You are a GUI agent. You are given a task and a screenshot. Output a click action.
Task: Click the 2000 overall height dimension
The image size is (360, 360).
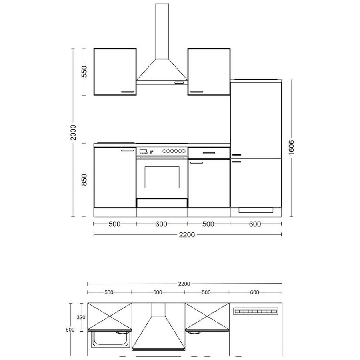pos(73,132)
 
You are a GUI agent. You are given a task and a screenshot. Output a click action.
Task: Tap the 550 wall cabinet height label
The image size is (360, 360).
pos(84,72)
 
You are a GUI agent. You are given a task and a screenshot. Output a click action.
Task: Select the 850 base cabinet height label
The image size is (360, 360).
pos(84,180)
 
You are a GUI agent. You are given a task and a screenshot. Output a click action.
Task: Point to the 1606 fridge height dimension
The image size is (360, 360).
pos(291,147)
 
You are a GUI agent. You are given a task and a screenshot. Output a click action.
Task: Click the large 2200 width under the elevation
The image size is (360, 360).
pos(187,235)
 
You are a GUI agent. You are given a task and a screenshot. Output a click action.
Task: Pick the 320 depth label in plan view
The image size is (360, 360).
pos(81,317)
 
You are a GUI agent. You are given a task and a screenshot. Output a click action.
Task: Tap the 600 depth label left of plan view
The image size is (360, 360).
pos(70,330)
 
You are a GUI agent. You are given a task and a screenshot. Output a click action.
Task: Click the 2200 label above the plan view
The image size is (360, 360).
pos(184,284)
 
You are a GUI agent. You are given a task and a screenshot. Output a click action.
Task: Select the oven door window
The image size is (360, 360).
pos(162,177)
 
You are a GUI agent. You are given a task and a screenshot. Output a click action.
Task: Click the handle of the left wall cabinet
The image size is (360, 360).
pos(128,92)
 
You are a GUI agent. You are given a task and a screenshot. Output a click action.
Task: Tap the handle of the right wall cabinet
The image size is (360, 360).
pos(196,92)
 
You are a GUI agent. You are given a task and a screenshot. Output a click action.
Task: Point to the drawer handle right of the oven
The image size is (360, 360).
pos(209,153)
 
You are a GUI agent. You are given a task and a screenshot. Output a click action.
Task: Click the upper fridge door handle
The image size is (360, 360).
pos(237,155)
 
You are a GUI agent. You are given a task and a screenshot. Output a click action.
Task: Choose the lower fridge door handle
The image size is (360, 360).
pos(237,162)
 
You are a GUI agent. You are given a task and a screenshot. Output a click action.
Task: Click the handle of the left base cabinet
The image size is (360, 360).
pos(128,150)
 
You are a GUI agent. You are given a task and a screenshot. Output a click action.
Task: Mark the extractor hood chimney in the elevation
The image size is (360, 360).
pos(162,31)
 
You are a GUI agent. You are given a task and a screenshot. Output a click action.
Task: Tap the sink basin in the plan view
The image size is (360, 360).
pos(110,339)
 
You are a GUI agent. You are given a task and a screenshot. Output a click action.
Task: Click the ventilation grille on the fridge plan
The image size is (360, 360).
pos(256,311)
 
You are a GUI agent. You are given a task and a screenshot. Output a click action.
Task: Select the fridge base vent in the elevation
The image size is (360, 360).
pos(256,210)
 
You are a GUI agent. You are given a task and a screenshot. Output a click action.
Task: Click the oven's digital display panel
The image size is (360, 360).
pos(143,151)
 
